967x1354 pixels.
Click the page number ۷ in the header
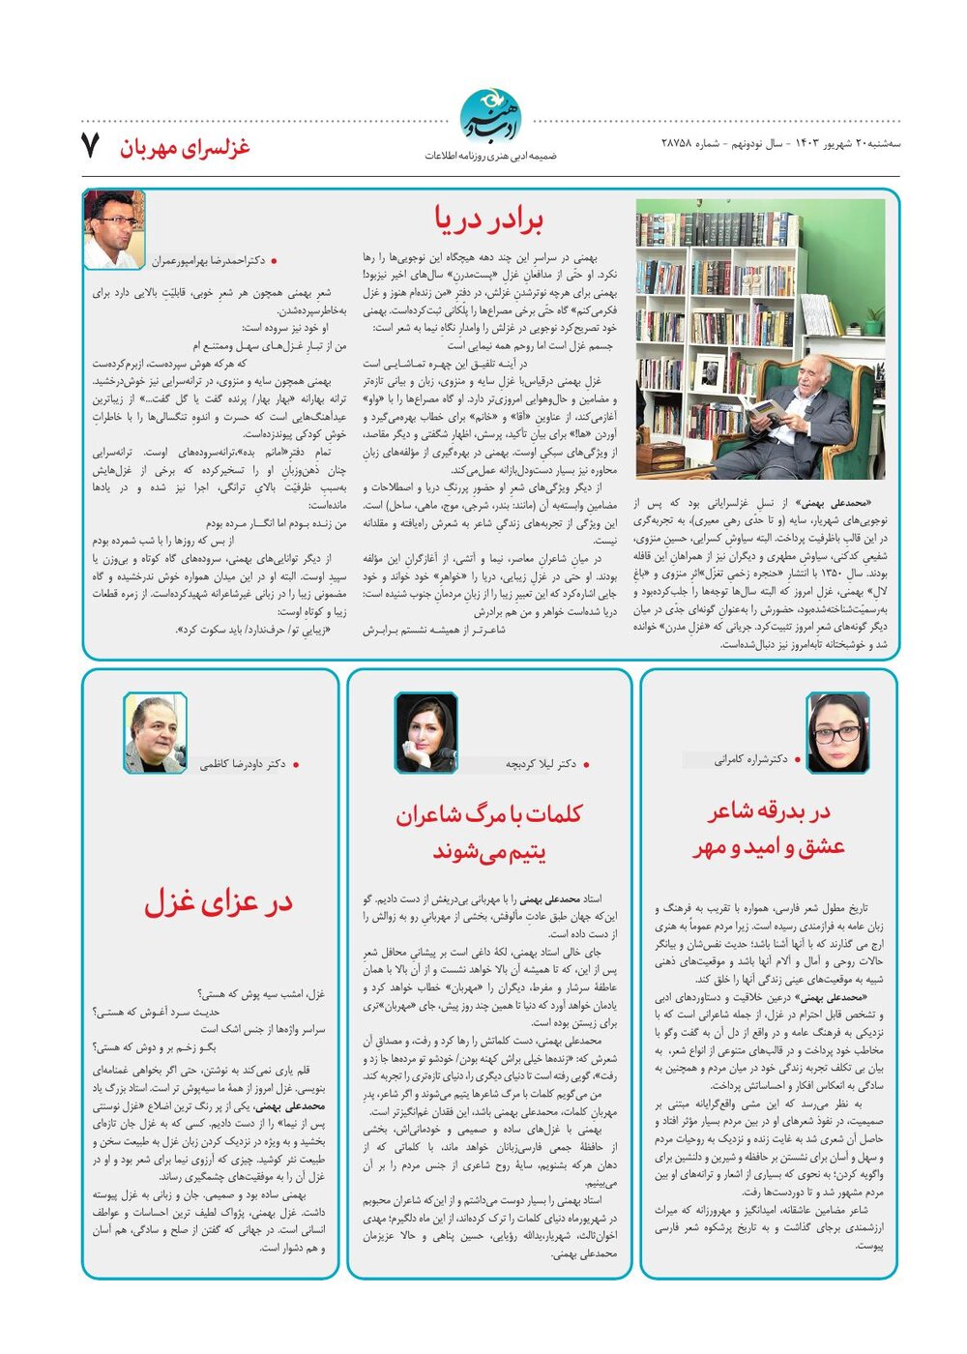pyautogui.click(x=90, y=146)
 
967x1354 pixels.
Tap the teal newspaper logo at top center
pyautogui.click(x=490, y=117)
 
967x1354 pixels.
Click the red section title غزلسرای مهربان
pyautogui.click(x=185, y=147)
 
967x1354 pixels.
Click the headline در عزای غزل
pyautogui.click(x=219, y=902)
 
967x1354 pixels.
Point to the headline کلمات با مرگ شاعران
pyautogui.click(x=489, y=815)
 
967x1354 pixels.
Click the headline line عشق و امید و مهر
pyautogui.click(x=769, y=847)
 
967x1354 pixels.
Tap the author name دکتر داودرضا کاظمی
pyautogui.click(x=243, y=764)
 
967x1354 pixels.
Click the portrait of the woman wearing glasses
pyautogui.click(x=837, y=731)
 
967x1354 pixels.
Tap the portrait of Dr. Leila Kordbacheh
pyautogui.click(x=426, y=732)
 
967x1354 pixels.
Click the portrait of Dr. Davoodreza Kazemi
pyautogui.click(x=155, y=732)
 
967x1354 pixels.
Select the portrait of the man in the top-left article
pyautogui.click(x=113, y=229)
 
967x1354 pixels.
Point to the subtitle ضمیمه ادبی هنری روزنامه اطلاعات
pyautogui.click(x=491, y=156)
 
